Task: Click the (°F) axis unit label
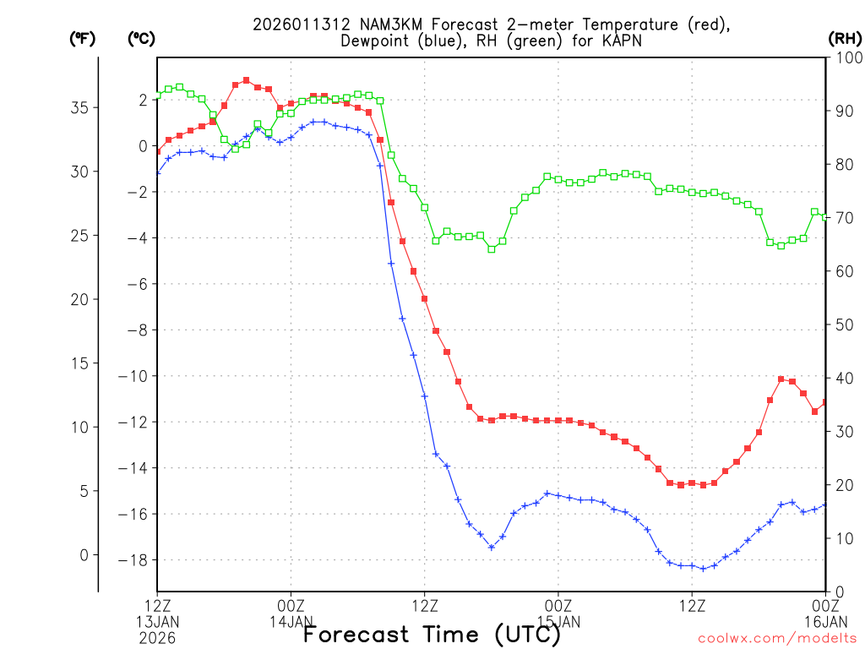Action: pos(82,38)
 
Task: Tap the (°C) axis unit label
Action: pos(140,38)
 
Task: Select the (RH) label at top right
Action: pos(844,38)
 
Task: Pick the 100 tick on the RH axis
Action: pos(846,57)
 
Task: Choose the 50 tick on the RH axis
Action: pos(843,324)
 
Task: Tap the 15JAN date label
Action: pos(558,621)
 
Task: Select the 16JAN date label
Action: pos(825,621)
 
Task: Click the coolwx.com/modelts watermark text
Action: pos(777,638)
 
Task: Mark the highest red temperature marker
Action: pos(247,80)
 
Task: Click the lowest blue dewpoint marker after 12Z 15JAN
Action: pos(703,569)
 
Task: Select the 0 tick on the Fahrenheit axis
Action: pos(83,554)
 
